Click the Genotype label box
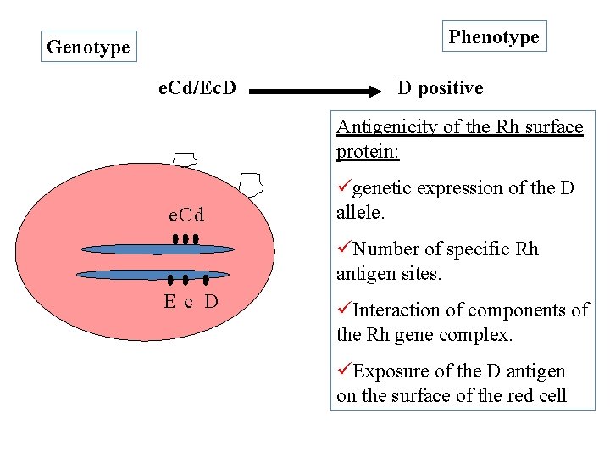tap(88, 47)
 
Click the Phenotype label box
tap(494, 36)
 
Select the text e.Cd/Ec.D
tap(198, 87)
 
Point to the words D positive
tap(441, 87)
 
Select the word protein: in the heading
tap(368, 151)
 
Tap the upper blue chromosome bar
tap(158, 249)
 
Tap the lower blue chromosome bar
tap(152, 275)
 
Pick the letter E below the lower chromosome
tap(170, 301)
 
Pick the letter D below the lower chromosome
tap(212, 301)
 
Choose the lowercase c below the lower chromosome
tap(190, 302)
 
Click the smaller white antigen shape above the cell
tap(185, 159)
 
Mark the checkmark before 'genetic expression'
tap(344, 187)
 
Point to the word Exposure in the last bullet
tap(389, 371)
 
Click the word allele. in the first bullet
tap(360, 212)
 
